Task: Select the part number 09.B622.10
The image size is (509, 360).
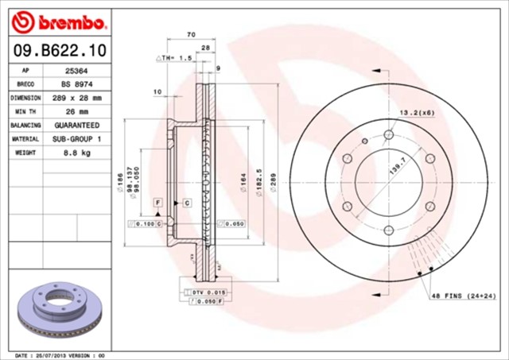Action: click(x=60, y=51)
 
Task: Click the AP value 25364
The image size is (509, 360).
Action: click(x=76, y=70)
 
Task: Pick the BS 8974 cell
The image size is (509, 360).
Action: click(x=76, y=83)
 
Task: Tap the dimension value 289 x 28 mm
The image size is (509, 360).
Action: click(x=77, y=98)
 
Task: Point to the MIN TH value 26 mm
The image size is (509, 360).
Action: click(x=76, y=111)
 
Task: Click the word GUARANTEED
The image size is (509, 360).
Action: click(x=77, y=126)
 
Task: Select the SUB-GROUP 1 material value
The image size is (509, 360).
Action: click(x=77, y=139)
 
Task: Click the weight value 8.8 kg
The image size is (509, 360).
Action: click(x=76, y=153)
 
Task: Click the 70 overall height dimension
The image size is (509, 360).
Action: click(x=191, y=35)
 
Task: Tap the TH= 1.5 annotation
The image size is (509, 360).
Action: click(x=176, y=58)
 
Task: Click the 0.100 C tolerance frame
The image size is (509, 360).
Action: click(x=146, y=225)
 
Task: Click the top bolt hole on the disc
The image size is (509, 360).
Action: click(x=387, y=134)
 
